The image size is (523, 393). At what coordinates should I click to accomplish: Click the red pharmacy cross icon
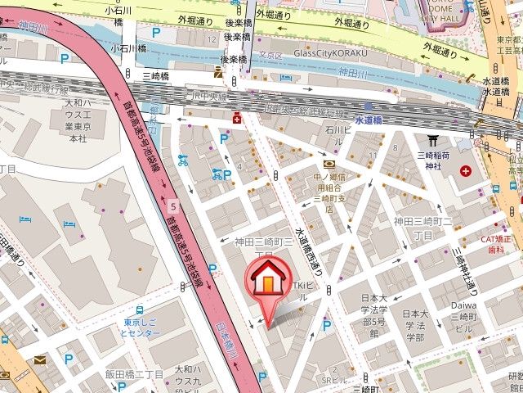(x=237, y=117)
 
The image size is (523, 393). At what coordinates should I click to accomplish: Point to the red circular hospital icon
(x=466, y=171)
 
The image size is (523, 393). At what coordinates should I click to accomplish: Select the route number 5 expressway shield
(x=173, y=205)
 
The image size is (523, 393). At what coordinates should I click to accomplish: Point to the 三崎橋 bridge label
(x=154, y=75)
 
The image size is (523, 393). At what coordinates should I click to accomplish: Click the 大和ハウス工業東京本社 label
(x=76, y=121)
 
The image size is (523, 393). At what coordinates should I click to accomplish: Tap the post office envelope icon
(x=40, y=359)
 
